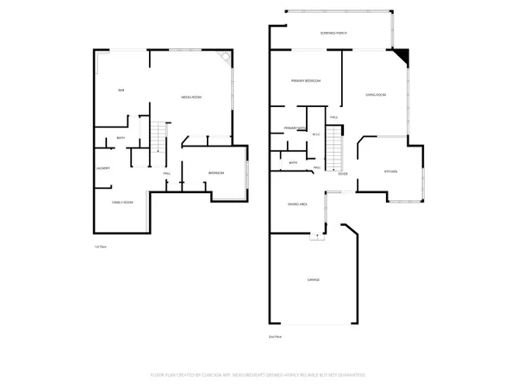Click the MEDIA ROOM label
pos(191,97)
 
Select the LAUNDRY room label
pos(103,168)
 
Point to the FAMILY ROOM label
pos(122,202)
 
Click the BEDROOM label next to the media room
pos(216,173)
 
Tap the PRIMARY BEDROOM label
pos(305,80)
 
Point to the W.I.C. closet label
pos(316,134)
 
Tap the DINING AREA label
pos(298,203)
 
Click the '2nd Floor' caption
pos(275,335)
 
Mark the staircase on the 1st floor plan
pos(157,138)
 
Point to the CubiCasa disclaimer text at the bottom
pos(258,375)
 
